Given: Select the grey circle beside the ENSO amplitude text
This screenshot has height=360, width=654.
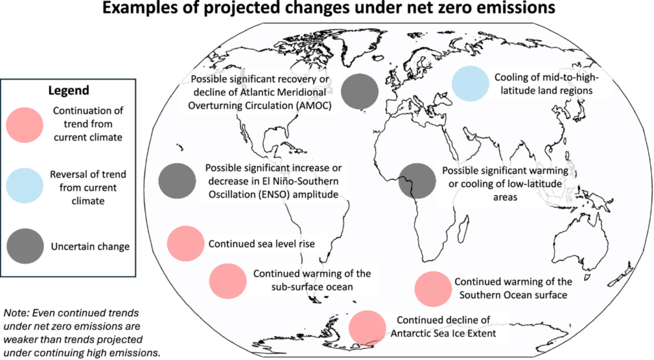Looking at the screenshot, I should tap(177, 181).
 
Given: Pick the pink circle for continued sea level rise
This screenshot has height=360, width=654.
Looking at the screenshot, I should tap(185, 244).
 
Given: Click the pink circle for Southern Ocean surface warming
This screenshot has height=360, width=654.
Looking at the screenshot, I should tap(433, 289).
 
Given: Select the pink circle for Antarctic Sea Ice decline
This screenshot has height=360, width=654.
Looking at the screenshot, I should tap(368, 327).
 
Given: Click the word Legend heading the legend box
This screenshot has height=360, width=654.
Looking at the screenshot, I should tap(69, 91).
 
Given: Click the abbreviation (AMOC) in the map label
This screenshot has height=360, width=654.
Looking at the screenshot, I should tap(310, 105).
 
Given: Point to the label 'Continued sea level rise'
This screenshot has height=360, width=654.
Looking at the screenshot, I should tap(261, 244).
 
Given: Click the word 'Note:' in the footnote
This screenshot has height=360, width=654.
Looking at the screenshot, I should tap(17, 313).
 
